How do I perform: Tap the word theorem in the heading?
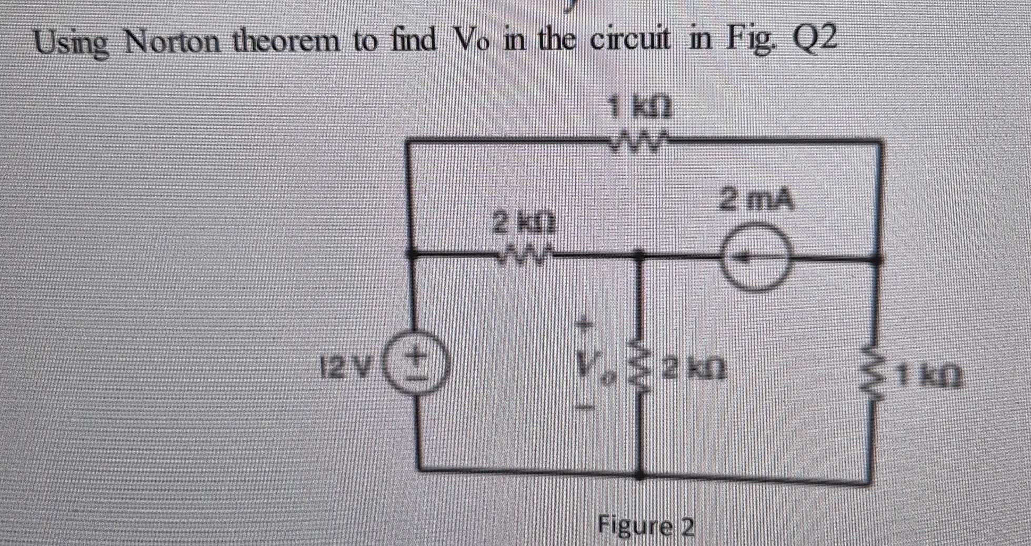[287, 41]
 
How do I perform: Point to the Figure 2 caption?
[647, 527]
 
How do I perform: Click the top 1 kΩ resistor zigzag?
[638, 140]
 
